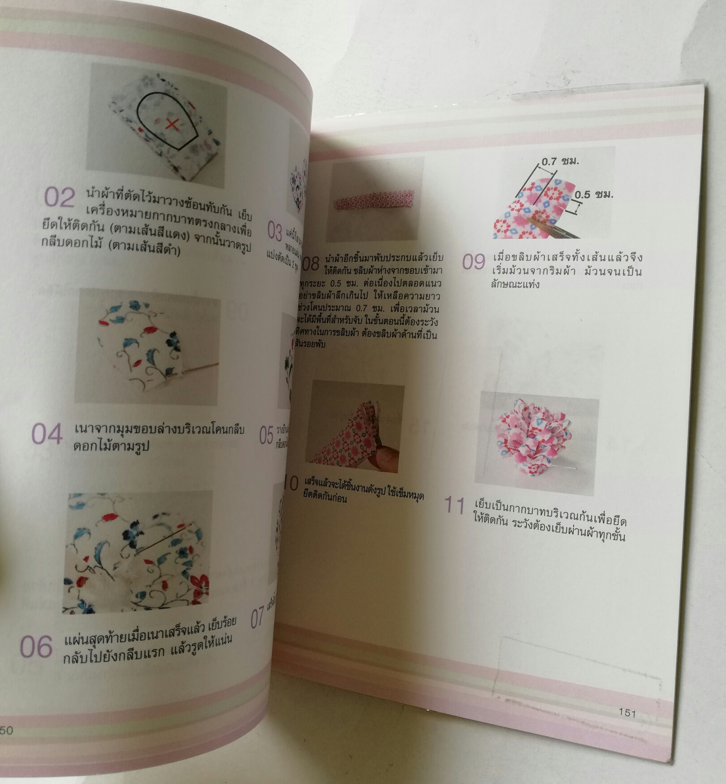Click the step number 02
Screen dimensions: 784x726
(x=59, y=197)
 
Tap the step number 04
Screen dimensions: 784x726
(x=47, y=434)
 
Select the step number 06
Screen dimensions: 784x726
(x=36, y=647)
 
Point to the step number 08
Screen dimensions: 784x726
(x=310, y=263)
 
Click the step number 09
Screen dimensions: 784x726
(x=473, y=261)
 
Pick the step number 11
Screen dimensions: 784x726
(x=454, y=506)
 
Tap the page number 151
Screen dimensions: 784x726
(x=627, y=712)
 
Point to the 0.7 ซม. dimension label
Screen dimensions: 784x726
(x=560, y=162)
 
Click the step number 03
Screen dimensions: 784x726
(x=274, y=231)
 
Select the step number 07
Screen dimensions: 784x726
(x=257, y=618)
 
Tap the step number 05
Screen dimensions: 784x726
(x=266, y=435)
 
